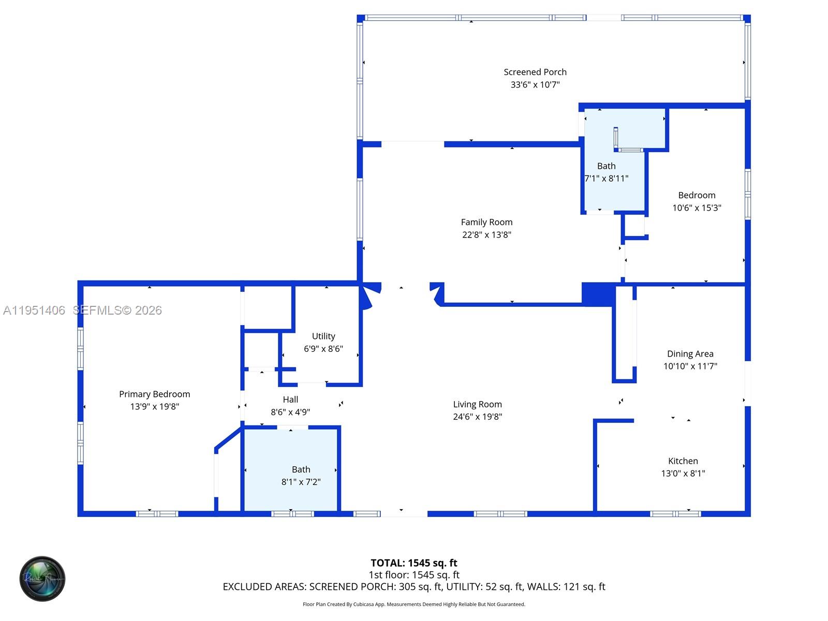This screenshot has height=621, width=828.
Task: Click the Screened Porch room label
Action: (x=535, y=72)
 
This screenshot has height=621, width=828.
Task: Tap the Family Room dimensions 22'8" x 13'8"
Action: (x=486, y=234)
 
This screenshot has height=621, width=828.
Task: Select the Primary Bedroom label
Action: (x=154, y=394)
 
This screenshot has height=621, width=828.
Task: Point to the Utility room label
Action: (x=323, y=336)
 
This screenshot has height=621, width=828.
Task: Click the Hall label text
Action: (x=290, y=400)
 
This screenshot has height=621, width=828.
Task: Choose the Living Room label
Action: (x=477, y=404)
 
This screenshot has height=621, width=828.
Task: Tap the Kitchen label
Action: (x=683, y=461)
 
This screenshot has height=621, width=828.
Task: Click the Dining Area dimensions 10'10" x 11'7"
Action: (x=690, y=366)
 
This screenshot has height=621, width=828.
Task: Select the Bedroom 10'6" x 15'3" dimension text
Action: (x=697, y=208)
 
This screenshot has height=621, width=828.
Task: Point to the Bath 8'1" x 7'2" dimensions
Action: (x=301, y=481)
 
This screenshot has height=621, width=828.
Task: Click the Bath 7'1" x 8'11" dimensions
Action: (x=606, y=179)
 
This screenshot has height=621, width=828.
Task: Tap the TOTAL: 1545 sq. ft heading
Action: (x=414, y=563)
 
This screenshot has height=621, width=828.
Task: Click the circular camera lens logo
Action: (x=42, y=579)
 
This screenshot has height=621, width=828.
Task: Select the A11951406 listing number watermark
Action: (x=34, y=310)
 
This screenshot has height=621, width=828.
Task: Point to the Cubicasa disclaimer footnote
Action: (x=414, y=604)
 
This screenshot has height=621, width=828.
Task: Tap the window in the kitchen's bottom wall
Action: (x=675, y=513)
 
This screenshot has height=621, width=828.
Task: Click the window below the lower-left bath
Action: (x=292, y=513)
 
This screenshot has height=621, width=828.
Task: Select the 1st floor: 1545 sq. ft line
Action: (x=414, y=574)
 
